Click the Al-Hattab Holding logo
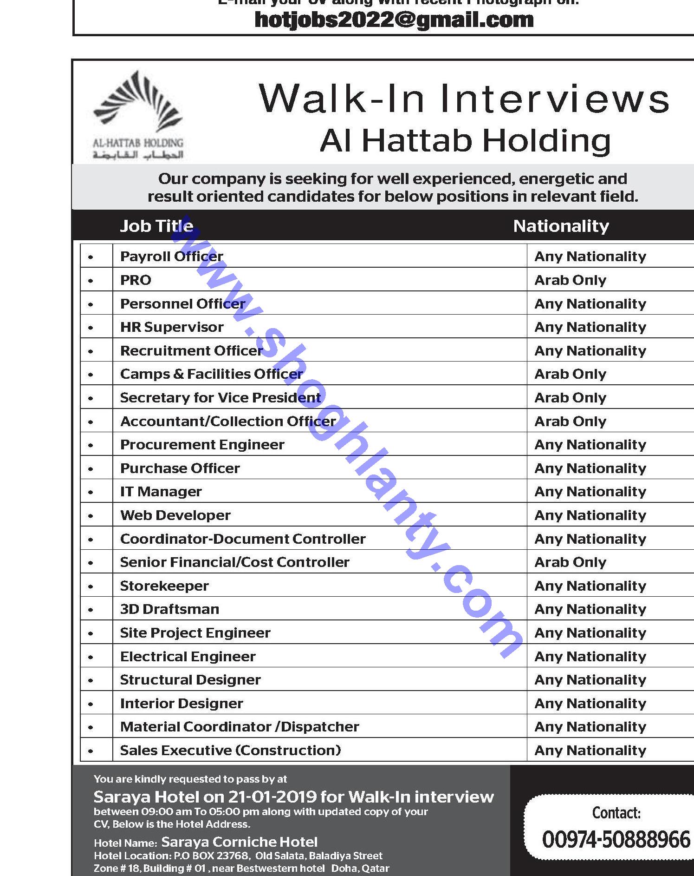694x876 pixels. pos(138,115)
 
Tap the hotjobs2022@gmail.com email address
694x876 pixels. pos(394,20)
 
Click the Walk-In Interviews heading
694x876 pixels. pos(464,99)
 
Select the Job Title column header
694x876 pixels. pos(156,226)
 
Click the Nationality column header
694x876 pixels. pos(561,226)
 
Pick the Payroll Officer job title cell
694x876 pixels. pos(171,256)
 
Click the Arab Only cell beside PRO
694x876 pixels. pos(570,280)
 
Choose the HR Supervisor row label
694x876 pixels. pos(172,327)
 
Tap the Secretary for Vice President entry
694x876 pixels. pos(220,397)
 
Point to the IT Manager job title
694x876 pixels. pos(161,491)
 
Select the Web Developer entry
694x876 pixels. pos(175,515)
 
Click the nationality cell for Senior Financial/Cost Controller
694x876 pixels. pos(570,562)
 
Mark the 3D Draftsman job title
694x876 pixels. pos(169,609)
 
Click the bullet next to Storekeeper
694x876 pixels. pos(91,586)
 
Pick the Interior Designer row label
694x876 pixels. pos(181,703)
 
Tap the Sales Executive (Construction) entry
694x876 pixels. pos(230,750)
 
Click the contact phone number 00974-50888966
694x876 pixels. pos(616,840)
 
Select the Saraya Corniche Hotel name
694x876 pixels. pos(239,842)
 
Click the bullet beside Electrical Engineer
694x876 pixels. pos(91,657)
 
